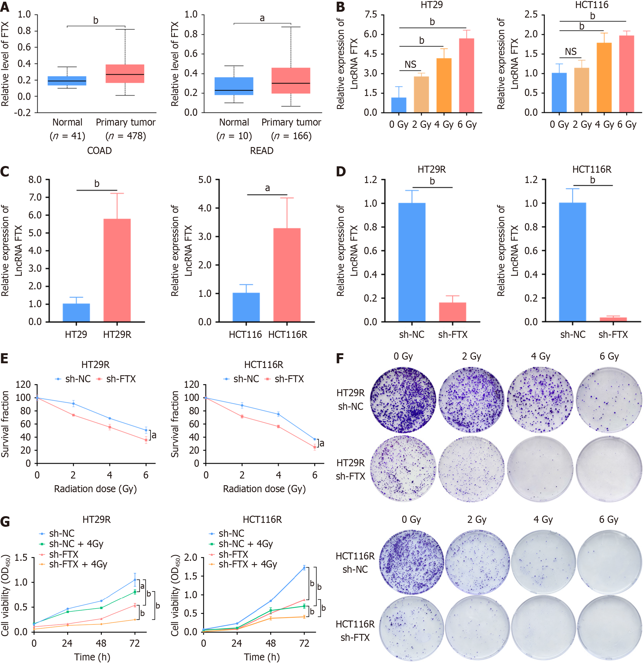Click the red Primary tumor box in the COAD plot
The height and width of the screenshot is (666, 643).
pos(125,73)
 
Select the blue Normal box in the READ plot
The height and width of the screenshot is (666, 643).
pos(234,86)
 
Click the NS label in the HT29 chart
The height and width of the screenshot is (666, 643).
pos(410,64)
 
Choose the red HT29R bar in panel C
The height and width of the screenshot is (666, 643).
pos(117,270)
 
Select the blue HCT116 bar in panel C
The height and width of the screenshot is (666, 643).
pos(246,307)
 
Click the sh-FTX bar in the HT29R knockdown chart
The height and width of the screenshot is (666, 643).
pos(453,312)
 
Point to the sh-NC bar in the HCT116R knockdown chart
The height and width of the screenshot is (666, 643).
pos(572,262)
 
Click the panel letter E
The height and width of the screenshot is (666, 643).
pos(5,359)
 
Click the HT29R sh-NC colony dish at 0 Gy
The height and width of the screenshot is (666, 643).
pos(403,400)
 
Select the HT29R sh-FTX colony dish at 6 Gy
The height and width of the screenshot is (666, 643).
pos(609,469)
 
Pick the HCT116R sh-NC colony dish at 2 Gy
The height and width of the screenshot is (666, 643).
pos(477,562)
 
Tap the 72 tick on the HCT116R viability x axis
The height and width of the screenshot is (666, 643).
pos(304,643)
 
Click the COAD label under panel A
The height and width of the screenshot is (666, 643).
pos(99,151)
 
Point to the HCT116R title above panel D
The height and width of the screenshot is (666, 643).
pos(592,169)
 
